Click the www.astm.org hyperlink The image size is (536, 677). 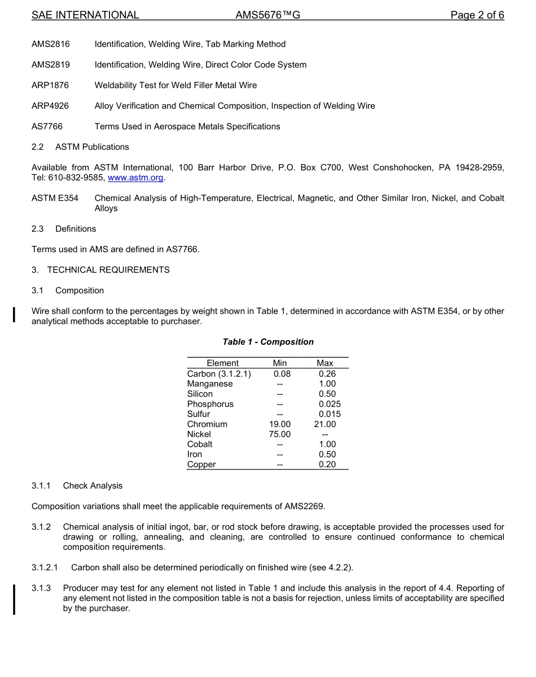point(135,178)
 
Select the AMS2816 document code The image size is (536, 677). point(51,44)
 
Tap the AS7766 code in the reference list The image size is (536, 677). point(47,126)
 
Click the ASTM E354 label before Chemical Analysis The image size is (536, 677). point(55,198)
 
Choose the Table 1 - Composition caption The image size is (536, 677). point(268,342)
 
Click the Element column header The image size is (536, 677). point(222,363)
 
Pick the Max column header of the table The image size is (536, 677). point(325,363)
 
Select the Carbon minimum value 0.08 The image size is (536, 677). point(282,373)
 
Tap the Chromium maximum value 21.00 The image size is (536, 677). point(325,424)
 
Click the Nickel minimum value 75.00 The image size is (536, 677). point(280,434)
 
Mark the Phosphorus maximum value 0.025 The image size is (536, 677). point(329,404)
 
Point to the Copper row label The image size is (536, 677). point(201,465)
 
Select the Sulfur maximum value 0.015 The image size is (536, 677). point(329,414)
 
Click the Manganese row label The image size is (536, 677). point(210,384)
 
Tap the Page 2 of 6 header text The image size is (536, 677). point(477,15)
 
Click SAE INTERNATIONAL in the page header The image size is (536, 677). point(85,15)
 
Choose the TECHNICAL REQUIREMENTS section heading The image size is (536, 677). point(108,270)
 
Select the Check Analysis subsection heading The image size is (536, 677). point(93,486)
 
